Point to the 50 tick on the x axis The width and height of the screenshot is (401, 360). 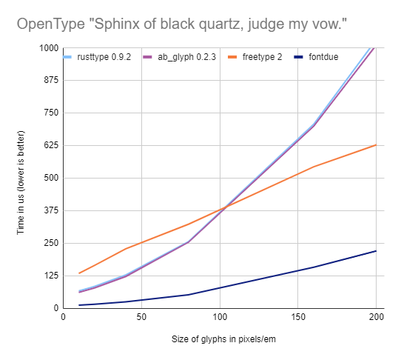(141, 318)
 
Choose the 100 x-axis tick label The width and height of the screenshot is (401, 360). (220, 318)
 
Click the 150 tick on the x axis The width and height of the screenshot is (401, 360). (298, 318)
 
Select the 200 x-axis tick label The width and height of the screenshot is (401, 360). (377, 318)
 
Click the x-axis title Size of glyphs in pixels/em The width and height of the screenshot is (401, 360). (220, 341)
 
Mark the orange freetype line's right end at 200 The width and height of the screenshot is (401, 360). (377, 145)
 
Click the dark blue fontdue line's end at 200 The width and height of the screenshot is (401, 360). (377, 251)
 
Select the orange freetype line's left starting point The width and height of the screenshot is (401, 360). (79, 273)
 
